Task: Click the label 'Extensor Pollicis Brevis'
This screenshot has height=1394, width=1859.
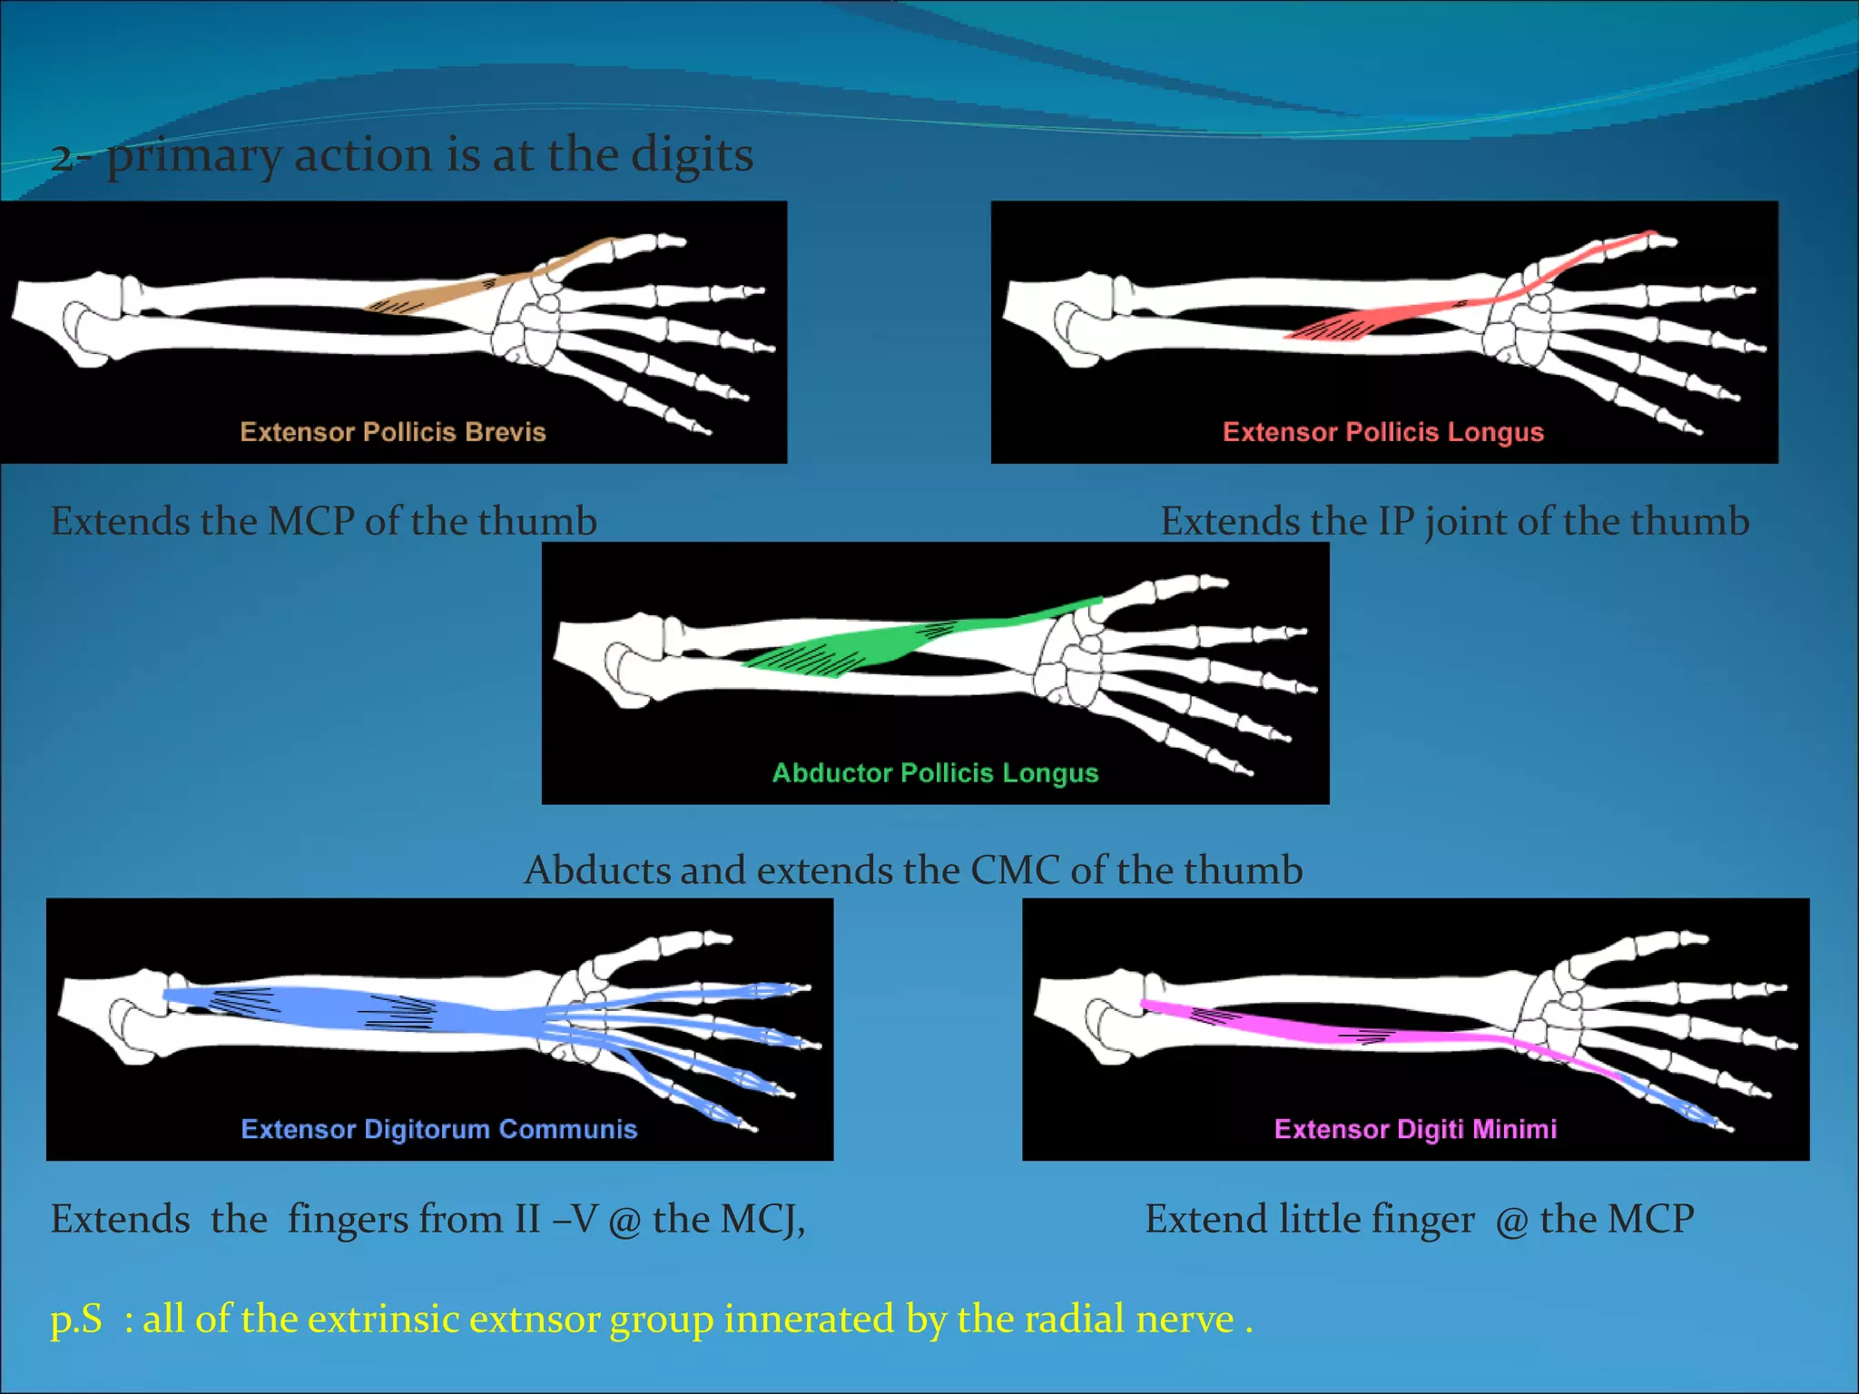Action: [x=393, y=432]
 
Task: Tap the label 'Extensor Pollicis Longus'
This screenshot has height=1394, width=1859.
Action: [x=1382, y=432]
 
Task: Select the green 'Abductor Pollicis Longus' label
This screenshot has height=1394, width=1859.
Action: [x=935, y=773]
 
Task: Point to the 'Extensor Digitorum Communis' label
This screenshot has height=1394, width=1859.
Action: [x=439, y=1129]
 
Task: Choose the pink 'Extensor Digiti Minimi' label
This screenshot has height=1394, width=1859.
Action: [x=1415, y=1129]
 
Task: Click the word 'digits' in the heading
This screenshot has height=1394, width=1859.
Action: [x=692, y=154]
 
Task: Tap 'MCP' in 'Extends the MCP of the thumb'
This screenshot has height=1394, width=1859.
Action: [x=310, y=522]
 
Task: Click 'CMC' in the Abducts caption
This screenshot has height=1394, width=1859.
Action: [x=1015, y=870]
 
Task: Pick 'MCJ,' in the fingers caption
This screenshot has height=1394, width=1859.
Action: [x=762, y=1219]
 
